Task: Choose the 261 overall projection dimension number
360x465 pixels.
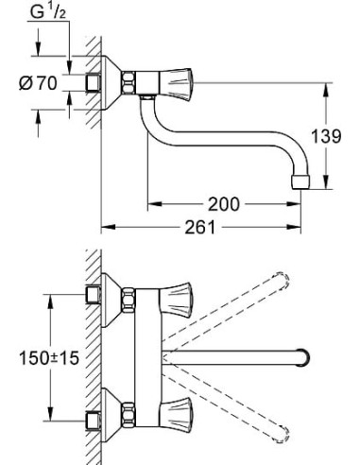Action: pyautogui.click(x=200, y=228)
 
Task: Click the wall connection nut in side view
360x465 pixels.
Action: pyautogui.click(x=94, y=82)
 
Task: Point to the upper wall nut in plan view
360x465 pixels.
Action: pyautogui.click(x=94, y=294)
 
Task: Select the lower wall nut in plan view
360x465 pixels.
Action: pyautogui.click(x=94, y=422)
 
